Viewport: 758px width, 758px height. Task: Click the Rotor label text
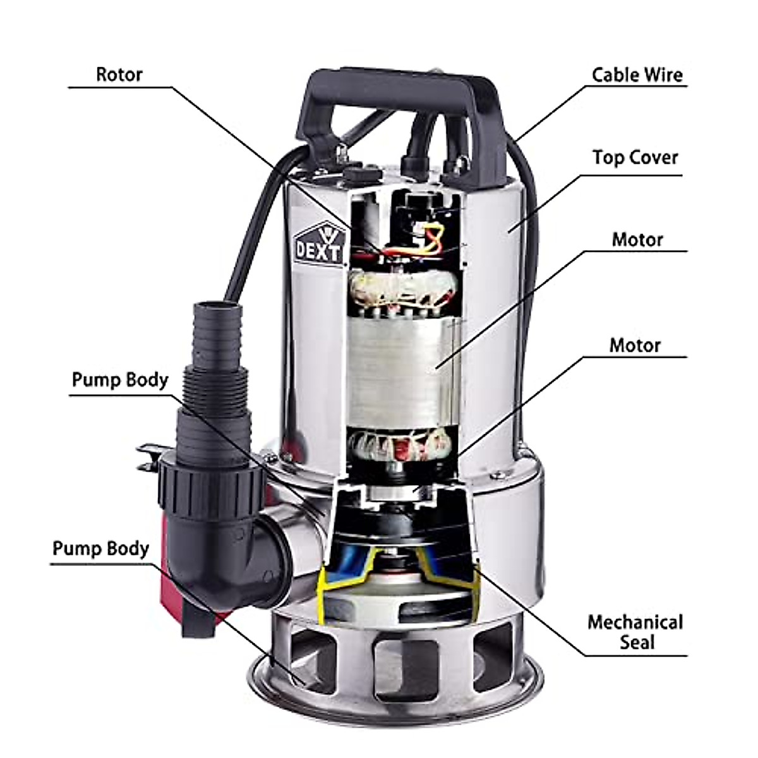(119, 75)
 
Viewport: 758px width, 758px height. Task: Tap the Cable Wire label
(637, 75)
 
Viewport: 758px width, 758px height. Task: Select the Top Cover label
(635, 157)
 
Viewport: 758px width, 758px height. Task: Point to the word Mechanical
(635, 622)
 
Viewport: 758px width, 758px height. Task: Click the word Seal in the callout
(637, 642)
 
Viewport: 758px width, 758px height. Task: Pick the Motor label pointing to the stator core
(637, 240)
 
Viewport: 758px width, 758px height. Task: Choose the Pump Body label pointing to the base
(101, 548)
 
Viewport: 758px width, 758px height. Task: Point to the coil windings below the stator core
(404, 445)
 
